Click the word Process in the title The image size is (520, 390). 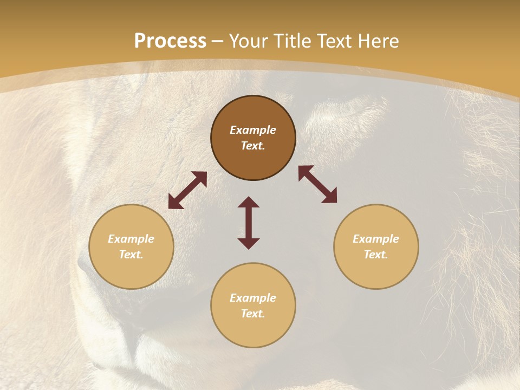click(170, 41)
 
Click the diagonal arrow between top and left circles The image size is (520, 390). click(187, 190)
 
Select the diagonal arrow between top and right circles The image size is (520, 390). click(317, 184)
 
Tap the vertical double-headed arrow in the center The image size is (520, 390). click(249, 223)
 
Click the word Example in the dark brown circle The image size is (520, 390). click(253, 130)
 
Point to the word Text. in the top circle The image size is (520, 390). click(253, 146)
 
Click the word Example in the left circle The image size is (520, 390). click(131, 239)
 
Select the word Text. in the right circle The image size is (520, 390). click(376, 255)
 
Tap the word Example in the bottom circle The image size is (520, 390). click(253, 298)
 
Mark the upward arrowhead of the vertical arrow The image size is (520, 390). click(249, 202)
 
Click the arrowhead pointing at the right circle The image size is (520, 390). click(330, 196)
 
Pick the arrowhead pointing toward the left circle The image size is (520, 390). click(175, 202)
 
